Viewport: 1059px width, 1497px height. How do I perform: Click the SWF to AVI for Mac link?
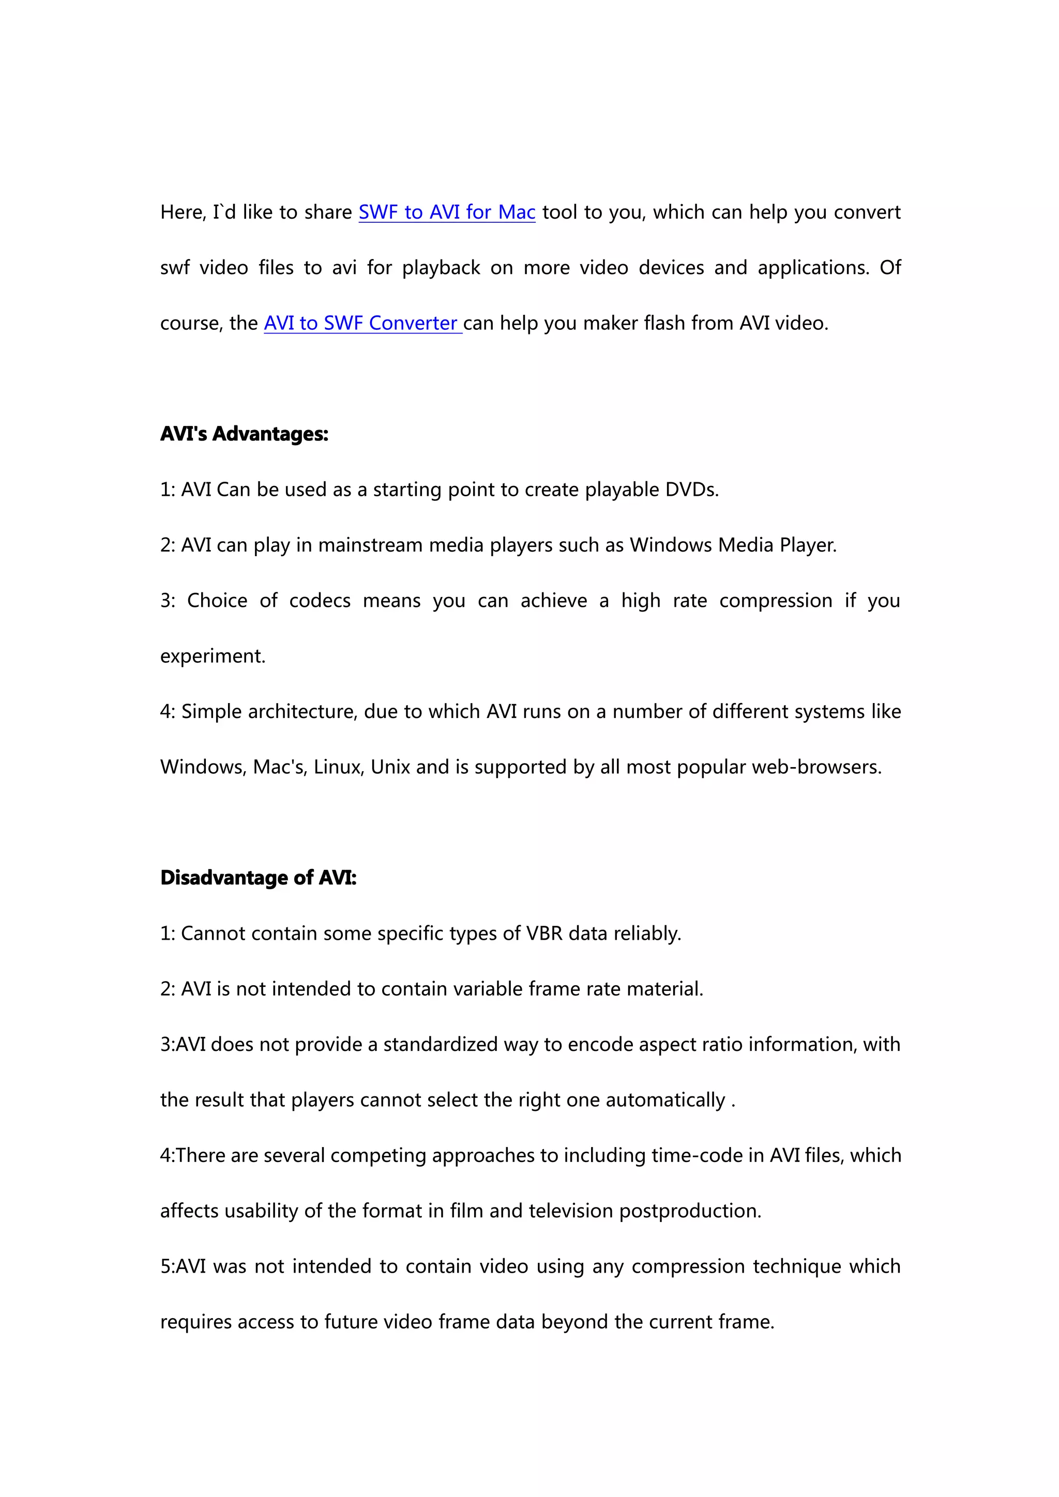[447, 212]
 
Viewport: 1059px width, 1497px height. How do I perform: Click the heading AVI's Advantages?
[245, 434]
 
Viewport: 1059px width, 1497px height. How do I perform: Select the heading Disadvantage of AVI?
[258, 878]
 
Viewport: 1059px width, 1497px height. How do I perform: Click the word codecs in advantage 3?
[320, 601]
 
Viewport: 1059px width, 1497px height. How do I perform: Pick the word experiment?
[213, 656]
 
